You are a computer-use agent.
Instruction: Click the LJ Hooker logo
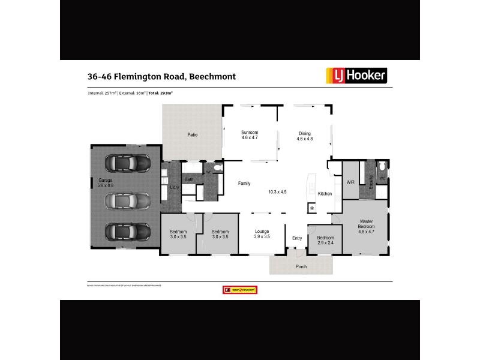coord(356,75)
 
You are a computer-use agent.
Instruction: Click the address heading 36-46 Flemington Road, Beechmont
coord(161,77)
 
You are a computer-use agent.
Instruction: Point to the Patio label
coord(192,135)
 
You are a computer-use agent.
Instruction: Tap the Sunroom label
coord(250,133)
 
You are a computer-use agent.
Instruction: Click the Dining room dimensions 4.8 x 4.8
coord(305,139)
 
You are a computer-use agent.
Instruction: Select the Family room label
coord(244,183)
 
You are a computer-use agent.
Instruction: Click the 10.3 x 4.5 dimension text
coord(277,191)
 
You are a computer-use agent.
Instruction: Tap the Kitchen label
coord(325,194)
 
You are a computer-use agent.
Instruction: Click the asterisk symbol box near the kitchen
coord(312,208)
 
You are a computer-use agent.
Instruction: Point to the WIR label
coord(350,182)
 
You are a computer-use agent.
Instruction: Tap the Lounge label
coord(262,231)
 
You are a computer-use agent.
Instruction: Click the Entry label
coord(297,238)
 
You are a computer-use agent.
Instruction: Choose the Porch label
coord(301,266)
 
